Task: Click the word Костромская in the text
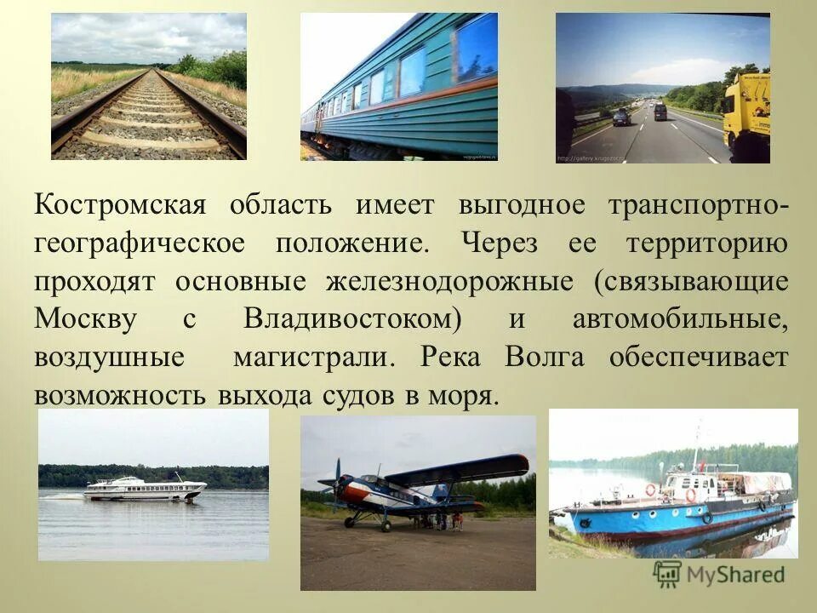click(x=121, y=207)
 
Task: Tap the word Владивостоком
click(x=352, y=320)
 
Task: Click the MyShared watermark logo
click(x=720, y=574)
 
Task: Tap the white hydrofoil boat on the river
click(x=145, y=488)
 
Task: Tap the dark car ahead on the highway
click(x=621, y=117)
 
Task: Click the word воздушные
click(x=109, y=358)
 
